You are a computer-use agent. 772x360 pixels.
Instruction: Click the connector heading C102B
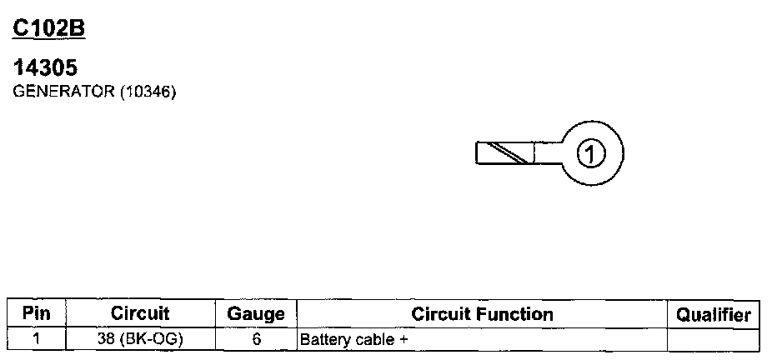[49, 28]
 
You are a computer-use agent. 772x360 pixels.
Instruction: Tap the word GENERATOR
[64, 92]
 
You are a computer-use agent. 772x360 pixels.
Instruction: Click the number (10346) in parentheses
[148, 92]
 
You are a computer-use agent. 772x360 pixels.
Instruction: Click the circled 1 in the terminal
[590, 153]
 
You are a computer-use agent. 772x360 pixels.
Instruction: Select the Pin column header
[36, 314]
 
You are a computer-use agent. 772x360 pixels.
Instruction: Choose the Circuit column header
[140, 314]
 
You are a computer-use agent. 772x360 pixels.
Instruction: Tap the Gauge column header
[256, 315]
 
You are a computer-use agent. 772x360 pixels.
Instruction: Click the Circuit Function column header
[482, 314]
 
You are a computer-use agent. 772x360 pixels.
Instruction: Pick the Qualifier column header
[714, 315]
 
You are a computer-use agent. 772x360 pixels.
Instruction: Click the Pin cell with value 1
[36, 339]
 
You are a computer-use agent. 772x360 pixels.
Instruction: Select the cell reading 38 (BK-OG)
[140, 339]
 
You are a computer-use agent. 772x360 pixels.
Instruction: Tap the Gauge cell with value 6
[256, 339]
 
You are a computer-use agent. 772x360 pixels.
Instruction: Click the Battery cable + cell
[482, 339]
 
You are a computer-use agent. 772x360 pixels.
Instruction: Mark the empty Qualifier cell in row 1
[714, 339]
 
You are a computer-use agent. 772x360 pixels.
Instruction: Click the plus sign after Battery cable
[390, 340]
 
